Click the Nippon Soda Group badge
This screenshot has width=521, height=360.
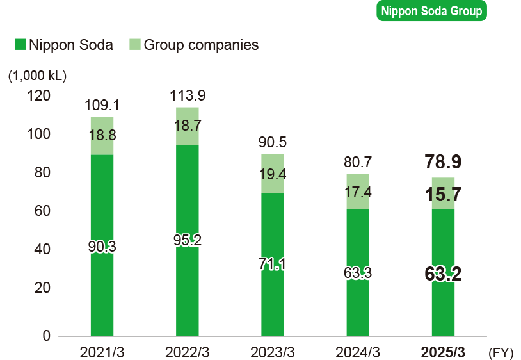click(431, 11)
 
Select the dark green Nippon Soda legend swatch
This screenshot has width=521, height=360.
click(20, 45)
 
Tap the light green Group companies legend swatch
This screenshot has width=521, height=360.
click(135, 45)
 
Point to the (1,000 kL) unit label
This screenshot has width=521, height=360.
click(37, 75)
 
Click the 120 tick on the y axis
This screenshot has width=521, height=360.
click(38, 96)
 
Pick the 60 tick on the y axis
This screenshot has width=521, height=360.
click(41, 211)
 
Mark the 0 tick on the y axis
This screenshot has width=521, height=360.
click(46, 336)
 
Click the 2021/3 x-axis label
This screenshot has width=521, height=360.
click(102, 352)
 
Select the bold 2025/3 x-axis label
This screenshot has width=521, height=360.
click(443, 352)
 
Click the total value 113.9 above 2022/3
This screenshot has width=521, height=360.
click(187, 96)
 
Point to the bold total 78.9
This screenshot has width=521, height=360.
click(443, 162)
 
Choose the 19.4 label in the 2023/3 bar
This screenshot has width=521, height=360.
click(272, 174)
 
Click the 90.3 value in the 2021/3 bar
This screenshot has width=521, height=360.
click(102, 247)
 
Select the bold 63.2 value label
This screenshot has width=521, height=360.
click(443, 274)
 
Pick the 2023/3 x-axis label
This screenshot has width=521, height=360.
click(272, 352)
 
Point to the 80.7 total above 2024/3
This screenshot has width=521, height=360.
click(357, 163)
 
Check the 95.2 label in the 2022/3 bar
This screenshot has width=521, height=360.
click(187, 240)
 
